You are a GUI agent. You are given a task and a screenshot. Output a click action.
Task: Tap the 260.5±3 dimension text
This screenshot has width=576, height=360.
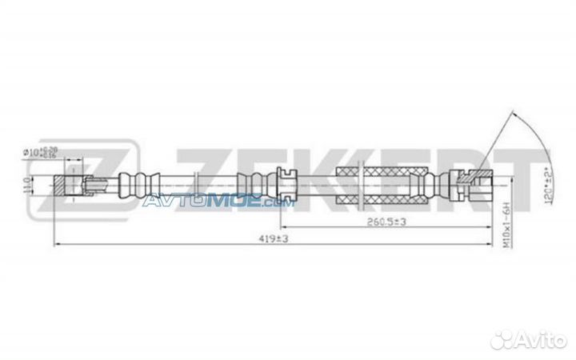coord(384,222)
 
